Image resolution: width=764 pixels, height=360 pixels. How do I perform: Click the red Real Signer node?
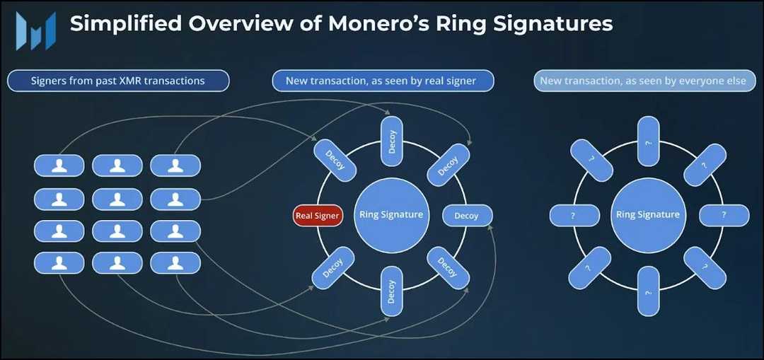pyautogui.click(x=318, y=215)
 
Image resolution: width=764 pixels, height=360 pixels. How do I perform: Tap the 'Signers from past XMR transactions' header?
pyautogui.click(x=118, y=81)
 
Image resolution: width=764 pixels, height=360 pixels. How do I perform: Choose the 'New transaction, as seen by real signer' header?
pyautogui.click(x=383, y=81)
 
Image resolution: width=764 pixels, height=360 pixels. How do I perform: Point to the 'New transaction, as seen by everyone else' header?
pyautogui.click(x=642, y=81)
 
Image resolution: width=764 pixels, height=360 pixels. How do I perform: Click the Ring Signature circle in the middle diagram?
pyautogui.click(x=391, y=215)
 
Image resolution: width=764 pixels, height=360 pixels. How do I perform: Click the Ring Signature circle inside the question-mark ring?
pyautogui.click(x=648, y=215)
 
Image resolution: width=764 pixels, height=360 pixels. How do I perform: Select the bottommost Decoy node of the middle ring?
pyautogui.click(x=392, y=291)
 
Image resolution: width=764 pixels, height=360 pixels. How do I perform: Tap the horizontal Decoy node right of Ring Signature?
pyautogui.click(x=466, y=215)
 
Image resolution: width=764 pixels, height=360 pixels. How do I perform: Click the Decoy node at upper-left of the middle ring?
pyautogui.click(x=334, y=160)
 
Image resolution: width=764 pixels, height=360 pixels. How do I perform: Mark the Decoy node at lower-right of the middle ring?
pyautogui.click(x=448, y=267)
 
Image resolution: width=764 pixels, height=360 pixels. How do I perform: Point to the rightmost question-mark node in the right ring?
pyautogui.click(x=724, y=215)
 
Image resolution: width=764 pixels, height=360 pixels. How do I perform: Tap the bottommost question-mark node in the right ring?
pyautogui.click(x=648, y=291)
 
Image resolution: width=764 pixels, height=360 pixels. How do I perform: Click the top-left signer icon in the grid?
pyautogui.click(x=59, y=166)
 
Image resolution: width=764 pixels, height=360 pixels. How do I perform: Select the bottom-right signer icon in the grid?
pyautogui.click(x=175, y=263)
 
